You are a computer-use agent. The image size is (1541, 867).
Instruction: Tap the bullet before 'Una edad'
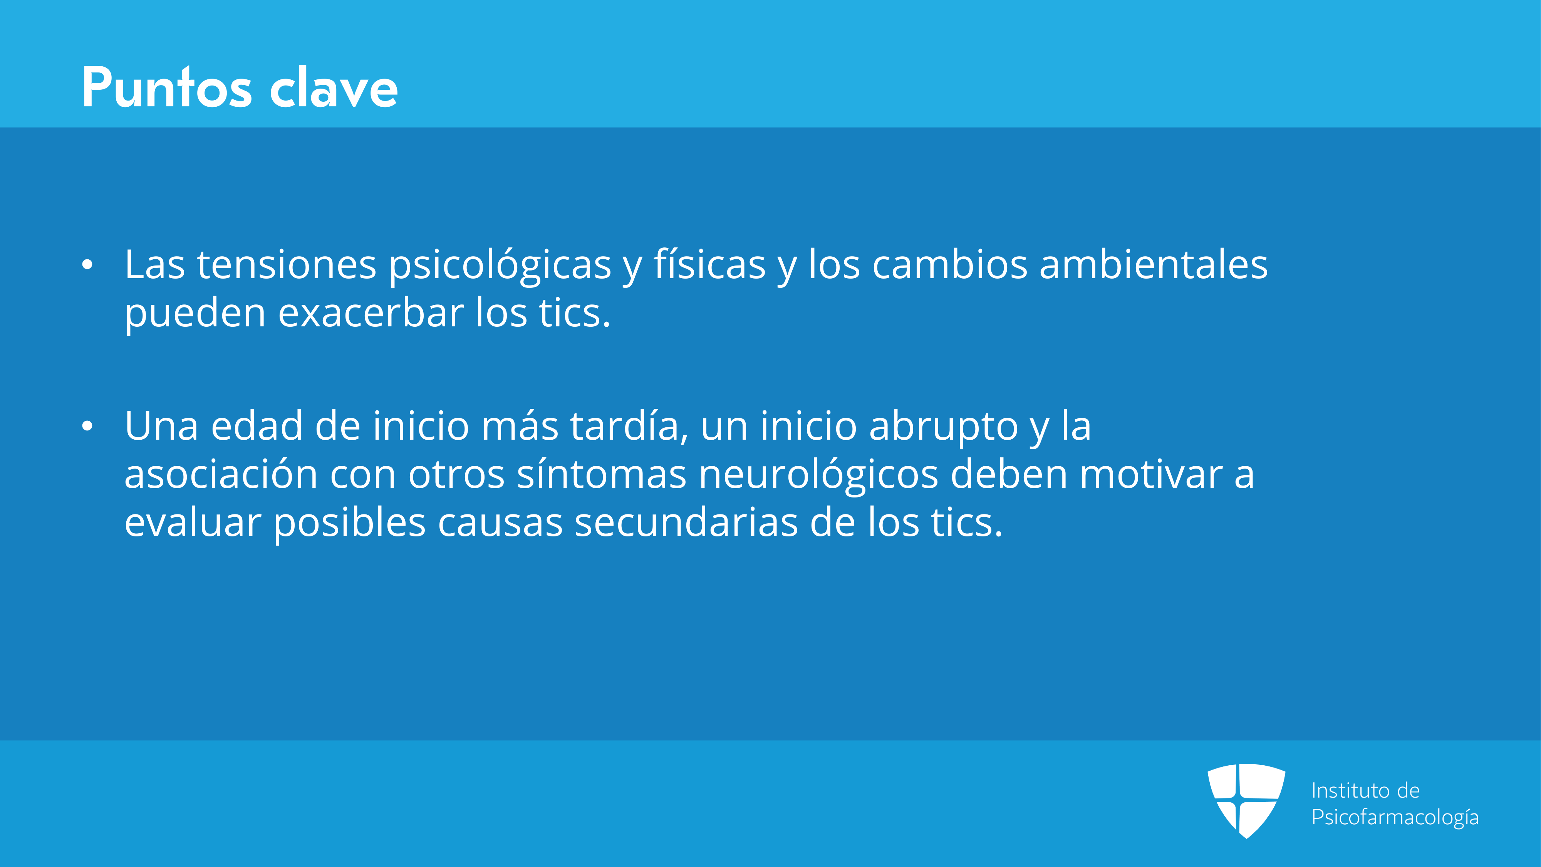tap(87, 426)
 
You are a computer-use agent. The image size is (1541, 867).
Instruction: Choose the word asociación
tap(221, 474)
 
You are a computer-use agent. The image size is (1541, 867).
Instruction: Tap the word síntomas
tap(601, 474)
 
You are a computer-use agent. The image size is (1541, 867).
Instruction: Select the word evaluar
tap(193, 522)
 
